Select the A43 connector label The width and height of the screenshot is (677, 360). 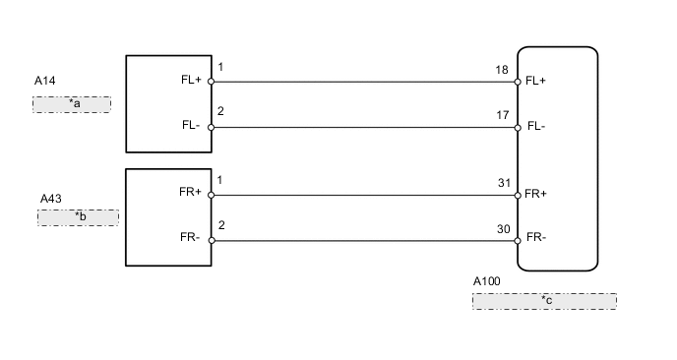[x=51, y=199]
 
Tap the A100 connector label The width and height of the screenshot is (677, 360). [x=486, y=281]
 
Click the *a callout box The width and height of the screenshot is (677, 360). [x=72, y=104]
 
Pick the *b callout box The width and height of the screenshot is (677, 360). [x=78, y=217]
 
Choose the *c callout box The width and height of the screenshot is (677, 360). [x=544, y=301]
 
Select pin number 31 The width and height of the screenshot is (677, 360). [x=505, y=182]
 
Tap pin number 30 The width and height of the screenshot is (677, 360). [x=505, y=227]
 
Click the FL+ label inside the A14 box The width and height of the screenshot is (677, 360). [x=192, y=82]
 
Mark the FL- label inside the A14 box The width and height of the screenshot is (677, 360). [x=192, y=127]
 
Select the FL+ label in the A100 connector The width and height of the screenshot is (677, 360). [x=537, y=82]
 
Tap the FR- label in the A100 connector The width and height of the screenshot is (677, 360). [x=536, y=238]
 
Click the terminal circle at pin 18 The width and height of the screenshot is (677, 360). [x=518, y=82]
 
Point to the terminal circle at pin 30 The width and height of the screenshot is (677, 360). [x=518, y=240]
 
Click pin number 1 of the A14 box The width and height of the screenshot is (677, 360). [x=220, y=68]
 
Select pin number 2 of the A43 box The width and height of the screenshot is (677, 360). [x=220, y=226]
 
